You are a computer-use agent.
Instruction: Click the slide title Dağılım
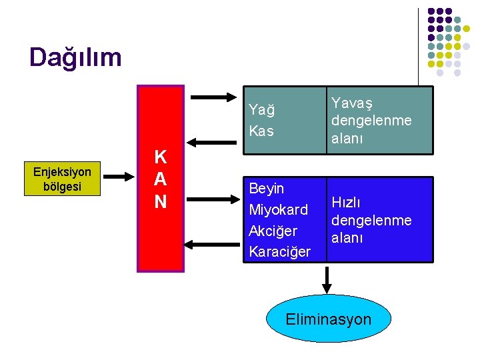75,57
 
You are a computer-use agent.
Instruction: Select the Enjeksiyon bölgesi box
62,179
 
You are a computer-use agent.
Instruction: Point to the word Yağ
261,109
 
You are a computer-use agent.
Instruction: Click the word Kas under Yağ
261,131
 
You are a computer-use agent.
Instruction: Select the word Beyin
266,189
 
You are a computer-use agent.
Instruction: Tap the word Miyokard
278,210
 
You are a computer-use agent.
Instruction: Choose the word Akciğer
273,231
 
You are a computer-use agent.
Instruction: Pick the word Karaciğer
279,251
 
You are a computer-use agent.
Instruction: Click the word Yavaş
352,103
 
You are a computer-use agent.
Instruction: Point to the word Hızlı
347,203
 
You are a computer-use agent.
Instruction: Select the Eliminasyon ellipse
327,319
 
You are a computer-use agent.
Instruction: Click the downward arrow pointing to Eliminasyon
327,278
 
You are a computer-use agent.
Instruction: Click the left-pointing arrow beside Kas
213,142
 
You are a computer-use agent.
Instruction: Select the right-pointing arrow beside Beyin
213,200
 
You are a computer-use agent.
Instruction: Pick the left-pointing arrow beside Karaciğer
213,245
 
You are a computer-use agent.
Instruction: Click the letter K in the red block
161,157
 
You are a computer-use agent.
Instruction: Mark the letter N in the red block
161,201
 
